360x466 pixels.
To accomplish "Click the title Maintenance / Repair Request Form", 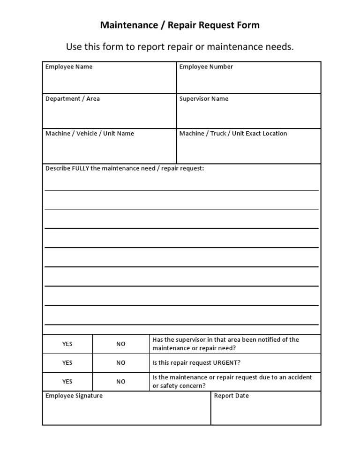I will coord(180,25).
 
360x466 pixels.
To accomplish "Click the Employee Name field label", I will coord(69,67).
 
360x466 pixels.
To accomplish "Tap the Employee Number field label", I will coord(206,67).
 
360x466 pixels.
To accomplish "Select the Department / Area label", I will coord(73,99).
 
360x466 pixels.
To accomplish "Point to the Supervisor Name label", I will coord(204,99).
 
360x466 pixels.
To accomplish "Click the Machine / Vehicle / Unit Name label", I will coord(90,134).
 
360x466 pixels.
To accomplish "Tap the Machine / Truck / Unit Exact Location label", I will coord(233,134).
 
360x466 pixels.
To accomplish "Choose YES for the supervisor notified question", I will coord(67,344).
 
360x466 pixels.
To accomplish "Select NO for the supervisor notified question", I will coord(121,344).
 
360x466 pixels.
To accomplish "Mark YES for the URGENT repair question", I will coord(67,363).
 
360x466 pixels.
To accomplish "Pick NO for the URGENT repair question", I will coord(121,363).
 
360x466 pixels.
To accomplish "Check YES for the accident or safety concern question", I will coord(67,382).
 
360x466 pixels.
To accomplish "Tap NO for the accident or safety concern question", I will coord(121,382).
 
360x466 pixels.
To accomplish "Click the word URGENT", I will coord(227,363).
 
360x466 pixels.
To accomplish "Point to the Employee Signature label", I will coord(74,396).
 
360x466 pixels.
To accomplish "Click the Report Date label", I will coord(232,396).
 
